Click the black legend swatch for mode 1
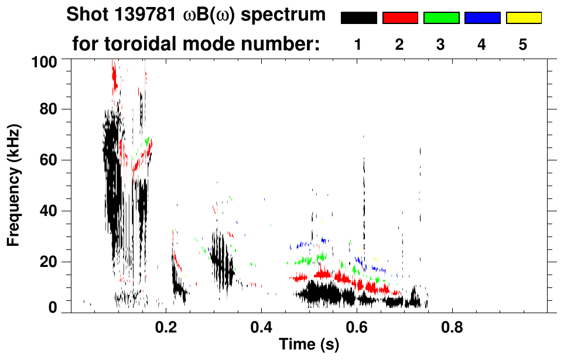point(358,18)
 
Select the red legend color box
point(400,18)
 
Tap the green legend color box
point(441,18)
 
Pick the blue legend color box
point(482,18)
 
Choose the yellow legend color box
point(523,18)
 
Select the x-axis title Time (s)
point(309,345)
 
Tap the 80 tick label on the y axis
point(50,109)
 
